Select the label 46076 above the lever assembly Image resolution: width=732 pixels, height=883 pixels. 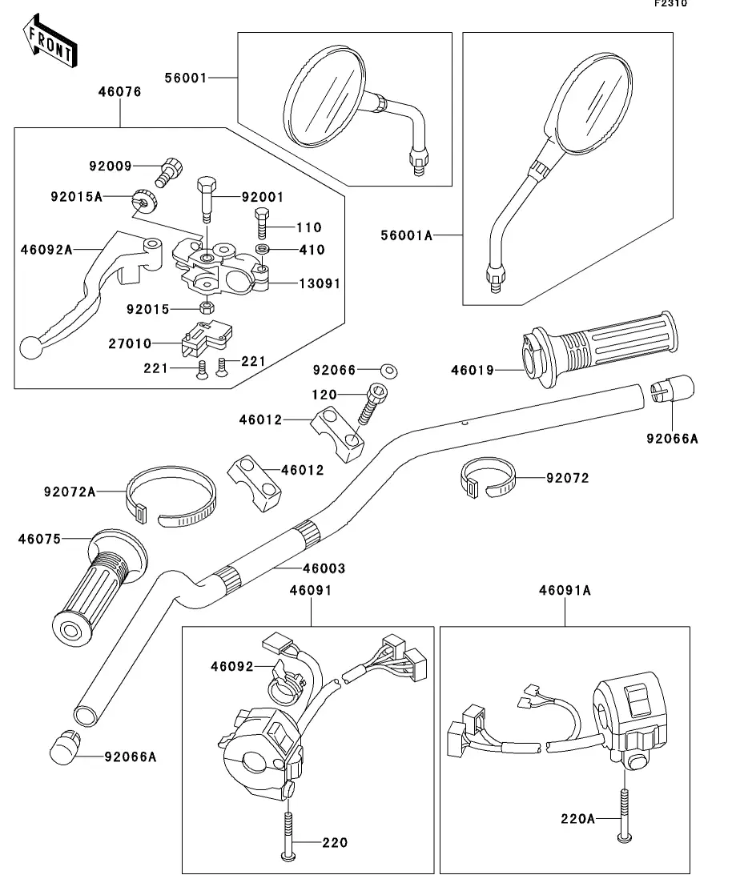coord(119,92)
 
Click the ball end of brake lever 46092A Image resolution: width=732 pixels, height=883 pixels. coord(30,347)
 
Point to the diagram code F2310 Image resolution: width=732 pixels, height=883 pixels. coord(671,4)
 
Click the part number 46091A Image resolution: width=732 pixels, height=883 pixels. coord(565,590)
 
